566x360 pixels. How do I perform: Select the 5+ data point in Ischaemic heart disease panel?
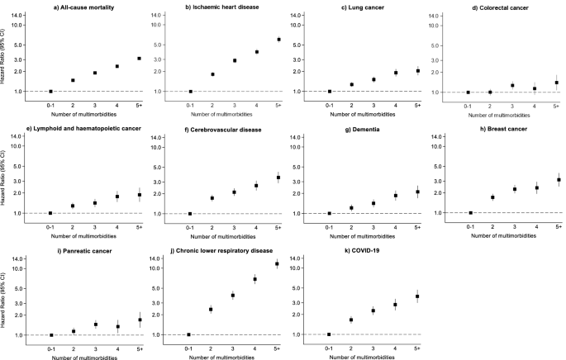[278, 40]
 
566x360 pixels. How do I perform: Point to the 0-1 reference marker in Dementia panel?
[330, 213]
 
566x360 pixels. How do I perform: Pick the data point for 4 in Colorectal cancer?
[535, 88]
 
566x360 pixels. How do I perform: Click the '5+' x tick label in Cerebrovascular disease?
[278, 226]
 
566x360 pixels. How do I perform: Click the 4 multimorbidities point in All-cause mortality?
[117, 66]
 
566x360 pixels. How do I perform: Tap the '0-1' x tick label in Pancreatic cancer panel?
[50, 347]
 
